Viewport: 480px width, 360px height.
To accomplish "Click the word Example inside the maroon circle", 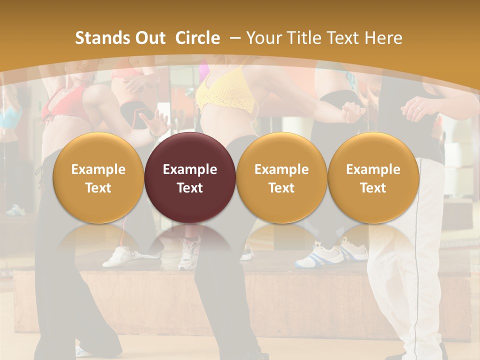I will tap(190, 169).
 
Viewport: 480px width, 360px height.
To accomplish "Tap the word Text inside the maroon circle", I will tap(190, 188).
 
